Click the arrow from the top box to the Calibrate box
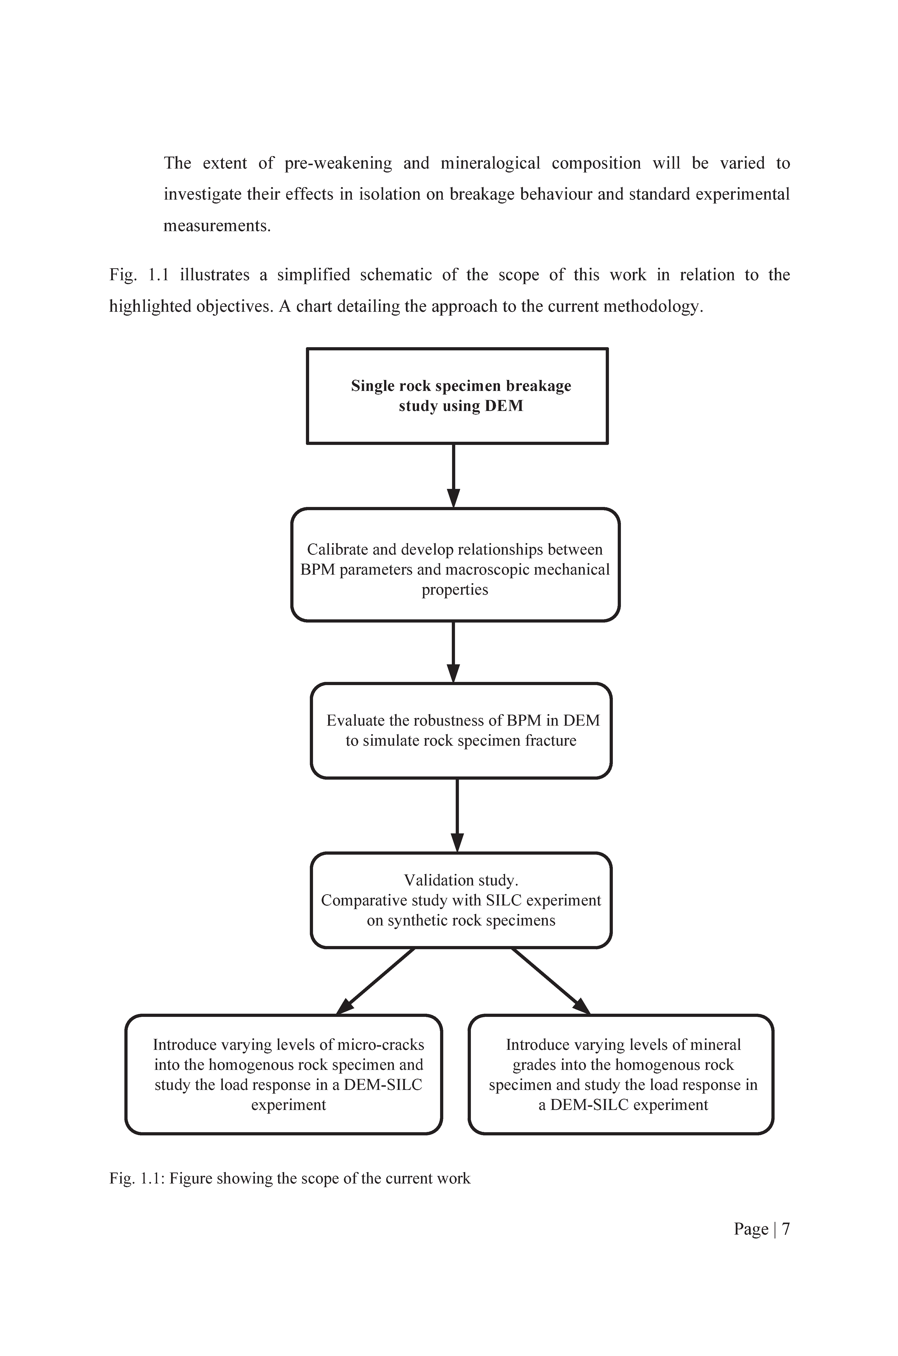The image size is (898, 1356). [454, 476]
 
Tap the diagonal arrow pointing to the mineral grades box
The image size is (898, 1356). [551, 981]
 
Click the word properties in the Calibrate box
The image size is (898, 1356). [455, 590]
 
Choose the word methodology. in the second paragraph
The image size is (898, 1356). [653, 307]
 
